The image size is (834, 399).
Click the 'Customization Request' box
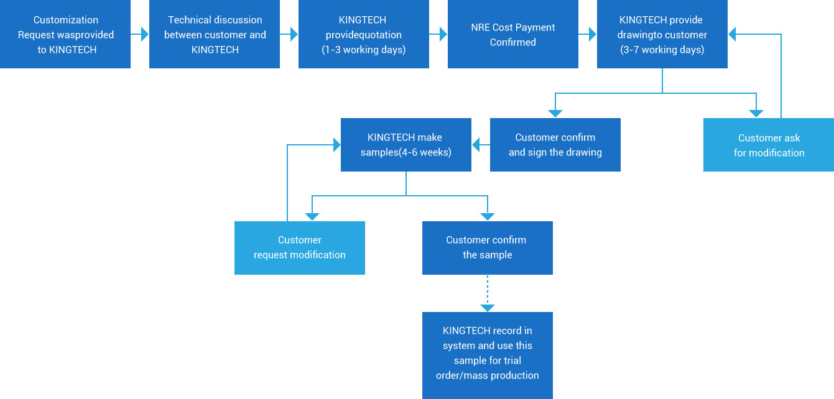pos(65,35)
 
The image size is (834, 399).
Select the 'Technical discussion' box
pos(215,35)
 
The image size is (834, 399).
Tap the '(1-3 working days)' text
pos(364,50)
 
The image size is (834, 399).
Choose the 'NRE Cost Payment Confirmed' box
pos(513,35)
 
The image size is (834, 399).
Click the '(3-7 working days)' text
pos(662,50)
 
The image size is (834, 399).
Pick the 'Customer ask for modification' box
pos(769,145)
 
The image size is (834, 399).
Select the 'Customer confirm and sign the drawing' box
pos(555,145)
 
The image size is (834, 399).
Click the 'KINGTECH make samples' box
pos(406,145)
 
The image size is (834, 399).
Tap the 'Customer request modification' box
pos(300,247)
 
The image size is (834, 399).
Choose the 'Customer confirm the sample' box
pos(488,247)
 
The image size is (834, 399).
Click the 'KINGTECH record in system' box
pos(488,354)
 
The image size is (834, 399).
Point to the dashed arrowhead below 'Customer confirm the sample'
pos(488,308)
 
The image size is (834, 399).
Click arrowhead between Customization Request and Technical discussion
pos(144,35)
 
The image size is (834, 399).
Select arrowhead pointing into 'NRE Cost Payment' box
pos(443,35)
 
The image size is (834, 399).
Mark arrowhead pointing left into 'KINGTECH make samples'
pos(476,145)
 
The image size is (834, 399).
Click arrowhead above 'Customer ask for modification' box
pos(756,113)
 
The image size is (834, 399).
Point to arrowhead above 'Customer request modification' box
pos(312,216)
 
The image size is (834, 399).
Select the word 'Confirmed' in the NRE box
pos(513,42)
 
